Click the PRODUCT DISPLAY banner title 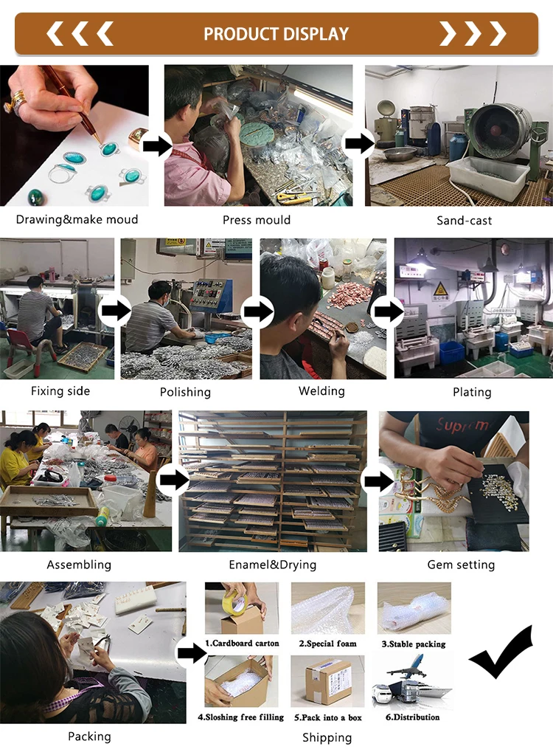[276, 34]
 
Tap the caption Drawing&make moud [77, 219]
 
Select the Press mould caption [257, 220]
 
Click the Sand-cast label [464, 220]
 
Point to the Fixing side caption [60, 391]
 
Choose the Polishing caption [185, 392]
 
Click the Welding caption [321, 391]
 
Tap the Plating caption [472, 392]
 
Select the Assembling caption [79, 565]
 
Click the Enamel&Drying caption [272, 565]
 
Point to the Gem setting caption [461, 565]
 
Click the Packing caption [89, 736]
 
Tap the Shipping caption [327, 737]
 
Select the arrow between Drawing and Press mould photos [156, 146]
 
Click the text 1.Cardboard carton [243, 644]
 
